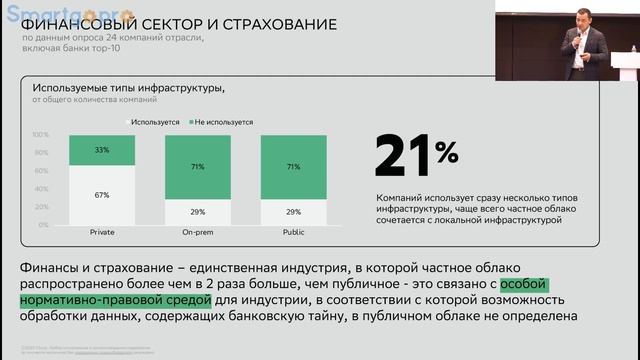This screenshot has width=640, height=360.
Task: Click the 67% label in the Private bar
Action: coord(101,195)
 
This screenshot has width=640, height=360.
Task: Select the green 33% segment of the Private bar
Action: coord(101,150)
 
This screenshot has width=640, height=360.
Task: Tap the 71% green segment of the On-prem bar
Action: coord(197,167)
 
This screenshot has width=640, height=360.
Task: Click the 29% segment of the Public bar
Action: coord(293,212)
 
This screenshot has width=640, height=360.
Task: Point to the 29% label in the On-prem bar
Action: coord(197,212)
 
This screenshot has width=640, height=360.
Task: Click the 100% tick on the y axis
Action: coord(41,135)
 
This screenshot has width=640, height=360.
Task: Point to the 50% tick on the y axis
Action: coord(43,180)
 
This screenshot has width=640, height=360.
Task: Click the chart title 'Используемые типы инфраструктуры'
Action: coord(129,88)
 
